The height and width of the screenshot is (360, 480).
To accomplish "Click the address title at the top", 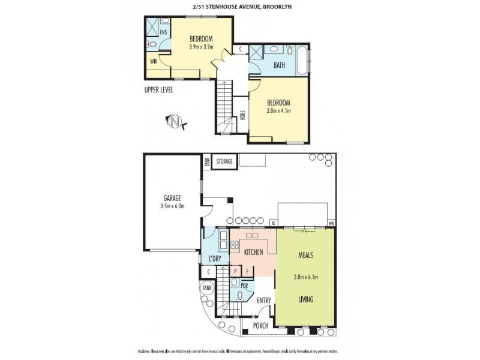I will pos(239,7).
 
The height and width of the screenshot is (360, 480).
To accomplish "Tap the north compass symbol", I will pos(176,122).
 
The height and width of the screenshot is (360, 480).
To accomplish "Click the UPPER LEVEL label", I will pos(159,90).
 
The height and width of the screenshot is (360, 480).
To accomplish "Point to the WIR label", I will pos(153,61).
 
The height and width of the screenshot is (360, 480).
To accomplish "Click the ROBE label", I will pos(242,115).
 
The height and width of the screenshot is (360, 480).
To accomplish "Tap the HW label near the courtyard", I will pos(331,224).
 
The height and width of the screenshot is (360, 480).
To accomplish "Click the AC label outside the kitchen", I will pos(274,224).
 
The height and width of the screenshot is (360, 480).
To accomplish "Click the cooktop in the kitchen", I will pos(235,245).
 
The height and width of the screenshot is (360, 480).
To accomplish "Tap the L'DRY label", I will pos(216,259).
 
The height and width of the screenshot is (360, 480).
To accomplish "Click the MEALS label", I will pos(306,254).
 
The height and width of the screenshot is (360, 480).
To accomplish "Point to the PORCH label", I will pos(260,326).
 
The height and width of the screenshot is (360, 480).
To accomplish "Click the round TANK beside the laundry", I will pos(207,289).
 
